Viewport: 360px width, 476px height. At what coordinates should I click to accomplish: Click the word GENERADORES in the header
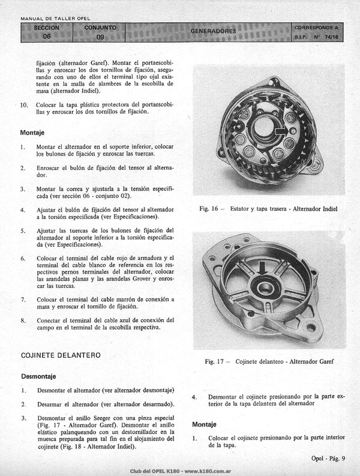tap(213, 31)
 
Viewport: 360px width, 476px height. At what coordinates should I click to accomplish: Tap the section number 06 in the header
tap(46, 37)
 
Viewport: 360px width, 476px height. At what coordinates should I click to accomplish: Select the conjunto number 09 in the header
tap(100, 37)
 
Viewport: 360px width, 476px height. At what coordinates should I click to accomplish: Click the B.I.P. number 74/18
tap(331, 37)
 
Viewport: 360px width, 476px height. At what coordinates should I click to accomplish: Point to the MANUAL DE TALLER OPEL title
tap(55, 19)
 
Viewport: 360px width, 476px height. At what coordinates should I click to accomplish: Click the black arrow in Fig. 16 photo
tap(282, 130)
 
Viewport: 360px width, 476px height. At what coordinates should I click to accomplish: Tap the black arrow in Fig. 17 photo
tap(263, 268)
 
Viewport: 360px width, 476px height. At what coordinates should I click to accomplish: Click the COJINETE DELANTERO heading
tap(61, 355)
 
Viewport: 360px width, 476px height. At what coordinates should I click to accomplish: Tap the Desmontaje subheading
tap(38, 376)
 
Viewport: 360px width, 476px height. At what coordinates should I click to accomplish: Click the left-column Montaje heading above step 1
tap(32, 133)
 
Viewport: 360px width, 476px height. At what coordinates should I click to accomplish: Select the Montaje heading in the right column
tap(204, 424)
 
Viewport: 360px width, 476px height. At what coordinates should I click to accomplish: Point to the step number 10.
tap(24, 105)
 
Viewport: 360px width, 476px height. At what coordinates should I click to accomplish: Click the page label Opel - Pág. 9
tap(328, 459)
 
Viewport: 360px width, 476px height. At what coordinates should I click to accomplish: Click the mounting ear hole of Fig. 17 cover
tap(311, 328)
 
